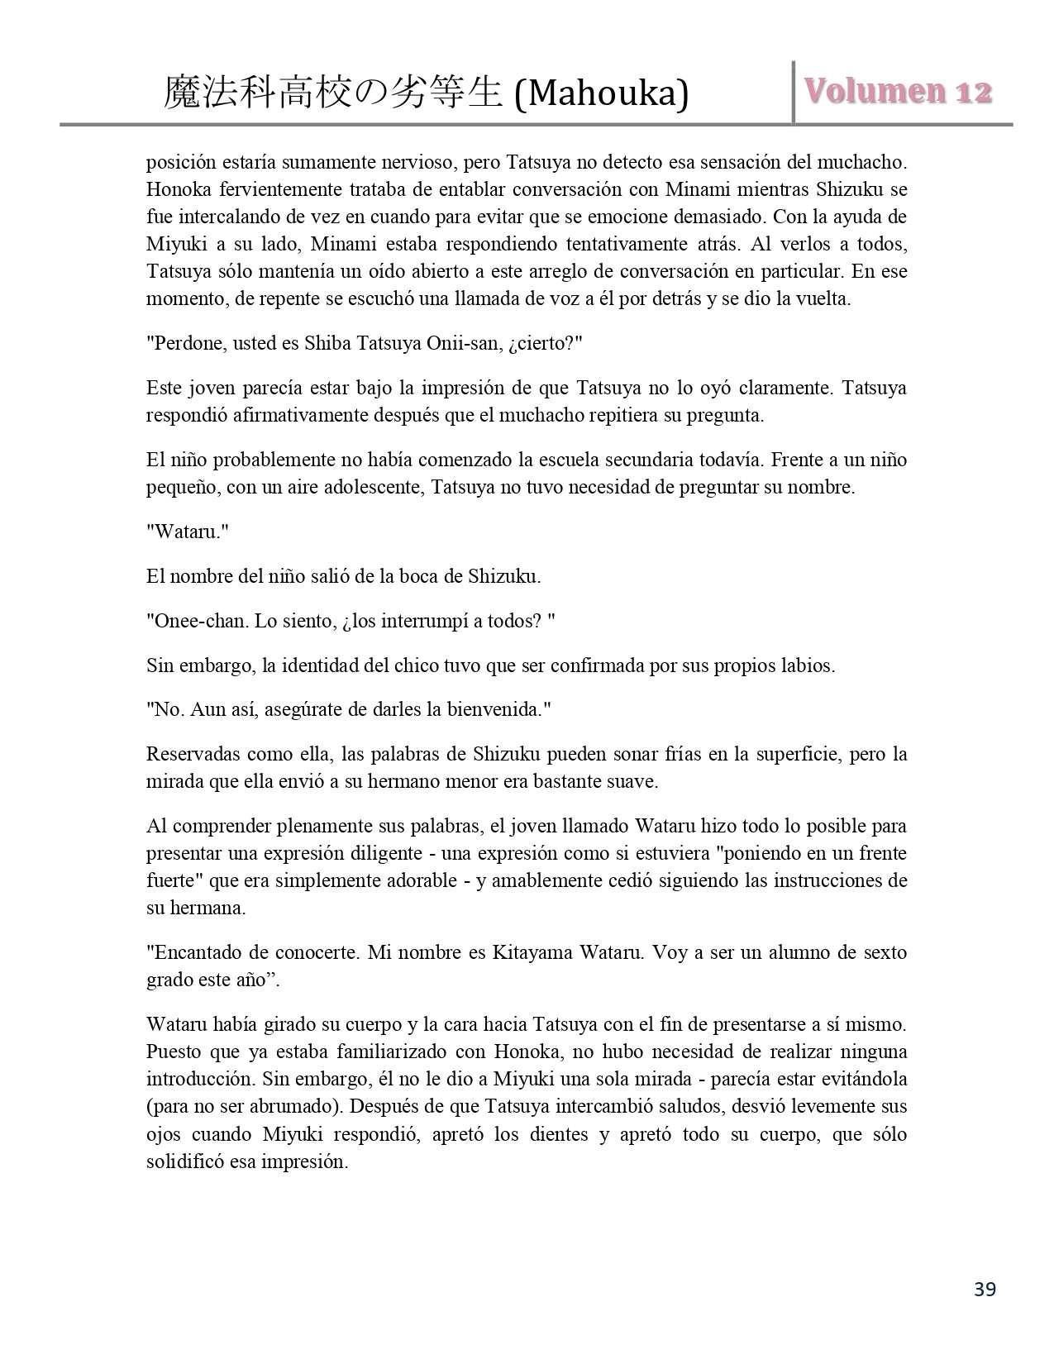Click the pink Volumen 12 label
coord(899,92)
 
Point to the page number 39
coord(985,1289)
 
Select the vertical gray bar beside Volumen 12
coord(794,92)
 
